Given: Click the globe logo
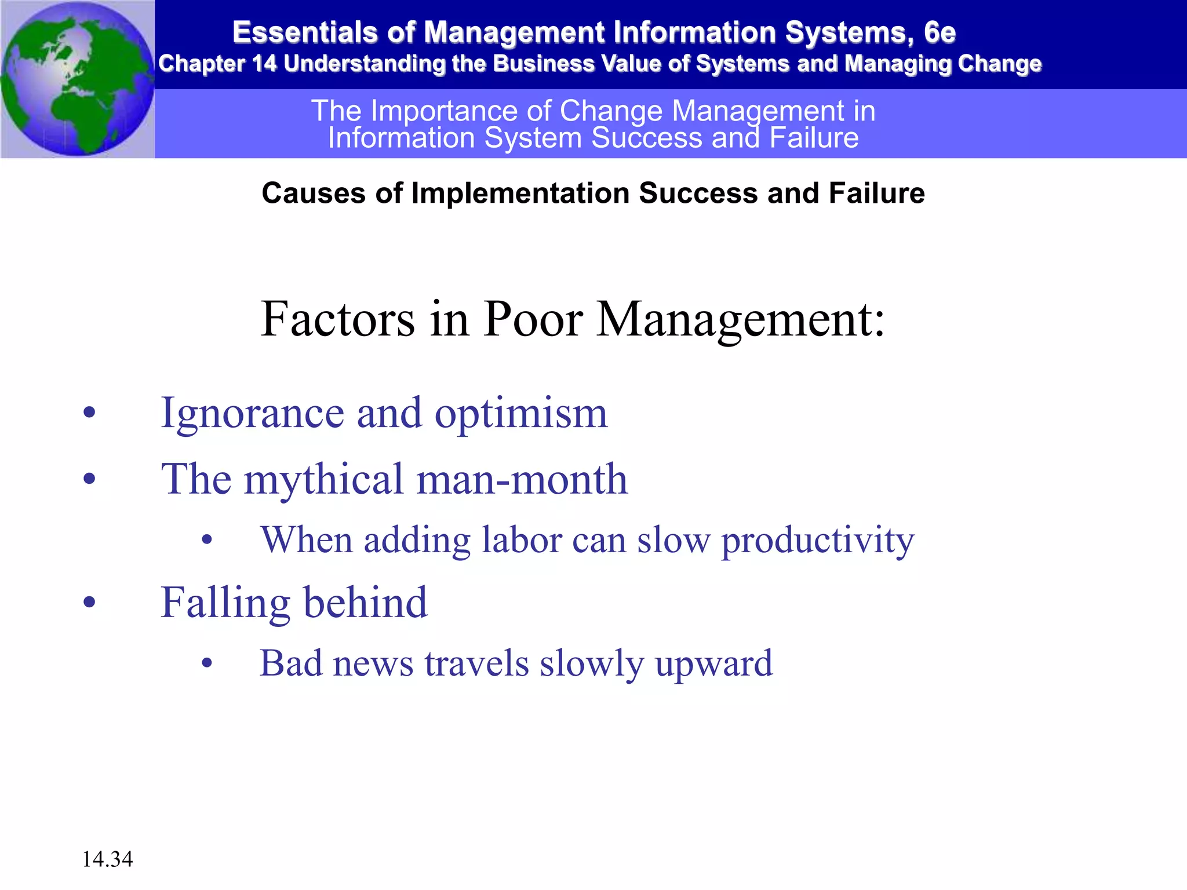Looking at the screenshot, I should [78, 79].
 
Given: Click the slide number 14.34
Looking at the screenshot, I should [107, 859].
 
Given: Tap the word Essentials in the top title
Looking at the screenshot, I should [305, 32].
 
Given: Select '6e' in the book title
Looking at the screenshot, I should [940, 32].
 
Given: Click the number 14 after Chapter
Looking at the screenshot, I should [264, 64].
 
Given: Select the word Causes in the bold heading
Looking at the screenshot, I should [314, 193].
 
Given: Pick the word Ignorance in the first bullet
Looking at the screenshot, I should [253, 414].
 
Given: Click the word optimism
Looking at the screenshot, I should [521, 414].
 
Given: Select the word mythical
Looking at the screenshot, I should [323, 479].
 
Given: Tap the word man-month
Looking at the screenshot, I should [522, 479].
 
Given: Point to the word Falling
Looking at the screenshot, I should [225, 603].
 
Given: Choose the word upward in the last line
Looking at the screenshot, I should [714, 664].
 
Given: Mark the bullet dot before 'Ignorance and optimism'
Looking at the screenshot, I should [89, 413].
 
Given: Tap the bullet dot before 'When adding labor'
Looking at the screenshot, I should [207, 540].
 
